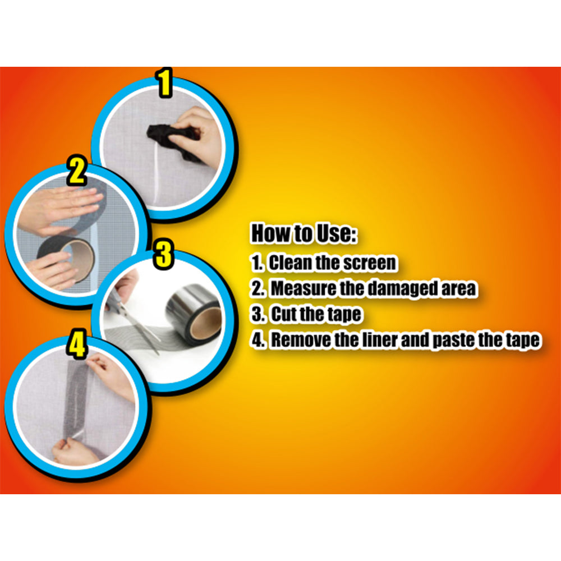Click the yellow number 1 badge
(164, 83)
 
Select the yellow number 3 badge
(163, 254)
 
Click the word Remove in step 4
(301, 340)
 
